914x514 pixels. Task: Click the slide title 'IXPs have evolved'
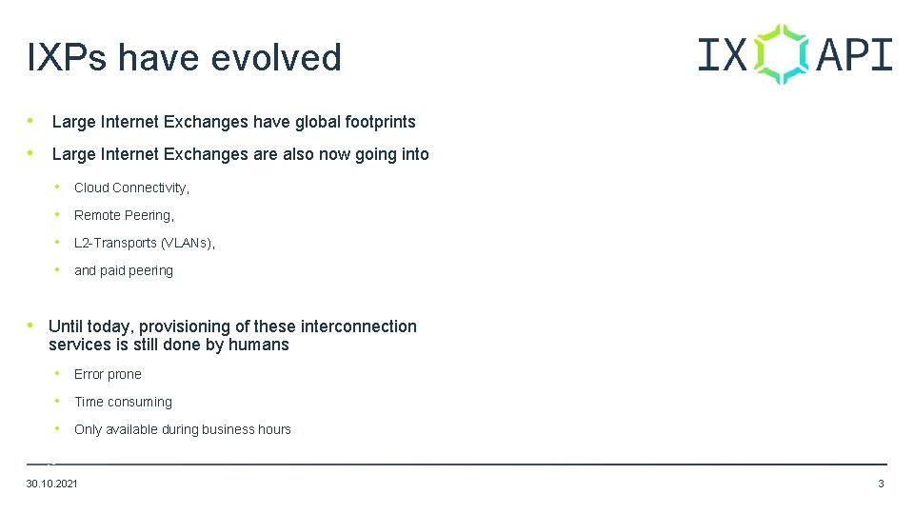click(184, 58)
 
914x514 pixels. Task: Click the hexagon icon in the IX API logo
click(782, 54)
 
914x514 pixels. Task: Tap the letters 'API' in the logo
click(854, 54)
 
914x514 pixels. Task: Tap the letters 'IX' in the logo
click(723, 54)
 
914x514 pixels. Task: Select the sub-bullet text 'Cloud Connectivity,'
click(131, 188)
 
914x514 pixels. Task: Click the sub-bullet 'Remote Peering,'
click(124, 215)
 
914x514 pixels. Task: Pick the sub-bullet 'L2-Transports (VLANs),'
click(145, 243)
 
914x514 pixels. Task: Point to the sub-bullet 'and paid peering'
click(124, 270)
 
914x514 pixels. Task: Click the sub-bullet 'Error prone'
click(108, 374)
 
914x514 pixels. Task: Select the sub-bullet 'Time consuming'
click(123, 402)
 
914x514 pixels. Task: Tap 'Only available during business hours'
click(183, 429)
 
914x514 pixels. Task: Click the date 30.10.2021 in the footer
click(52, 484)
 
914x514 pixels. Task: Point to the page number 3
click(881, 484)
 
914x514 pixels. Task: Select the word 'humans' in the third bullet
click(259, 345)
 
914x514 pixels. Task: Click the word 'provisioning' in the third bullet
click(187, 326)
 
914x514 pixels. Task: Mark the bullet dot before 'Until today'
click(34, 326)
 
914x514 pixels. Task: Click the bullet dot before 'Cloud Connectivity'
click(59, 187)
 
